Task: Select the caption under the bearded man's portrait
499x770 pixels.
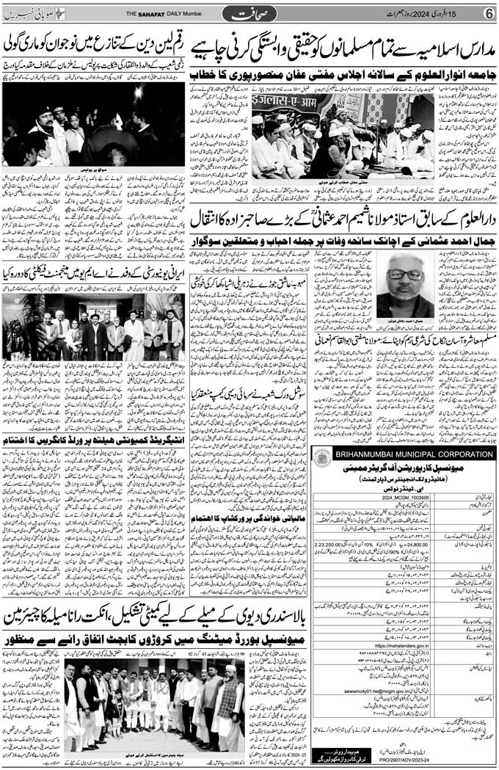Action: pyautogui.click(x=405, y=321)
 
